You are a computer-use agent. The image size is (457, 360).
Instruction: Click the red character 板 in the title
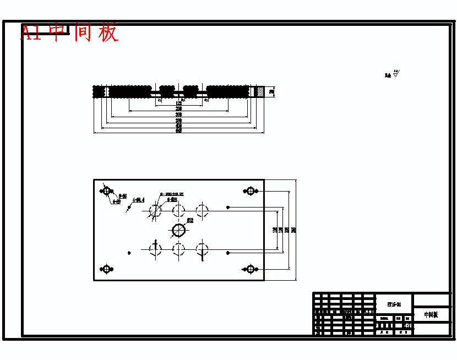(x=108, y=33)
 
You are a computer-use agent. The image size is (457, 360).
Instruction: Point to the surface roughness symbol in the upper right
(x=395, y=74)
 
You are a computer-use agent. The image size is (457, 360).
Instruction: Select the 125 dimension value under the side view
(x=178, y=103)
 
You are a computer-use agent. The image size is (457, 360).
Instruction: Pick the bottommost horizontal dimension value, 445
(x=178, y=130)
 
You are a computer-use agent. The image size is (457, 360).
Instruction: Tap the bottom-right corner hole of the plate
(x=251, y=269)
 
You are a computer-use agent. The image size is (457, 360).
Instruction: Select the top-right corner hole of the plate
(x=251, y=191)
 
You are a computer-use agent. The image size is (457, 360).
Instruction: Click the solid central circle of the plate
(x=178, y=229)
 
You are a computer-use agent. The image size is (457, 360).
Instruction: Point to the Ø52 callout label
(x=190, y=220)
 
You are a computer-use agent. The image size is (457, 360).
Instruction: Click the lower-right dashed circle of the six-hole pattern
(x=202, y=249)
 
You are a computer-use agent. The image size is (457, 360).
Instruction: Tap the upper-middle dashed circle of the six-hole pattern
(x=178, y=210)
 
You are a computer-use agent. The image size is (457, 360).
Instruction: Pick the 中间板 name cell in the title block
(x=431, y=315)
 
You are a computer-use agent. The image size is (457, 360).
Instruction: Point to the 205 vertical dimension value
(x=287, y=230)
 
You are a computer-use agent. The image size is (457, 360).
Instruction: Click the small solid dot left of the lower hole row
(x=129, y=253)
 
